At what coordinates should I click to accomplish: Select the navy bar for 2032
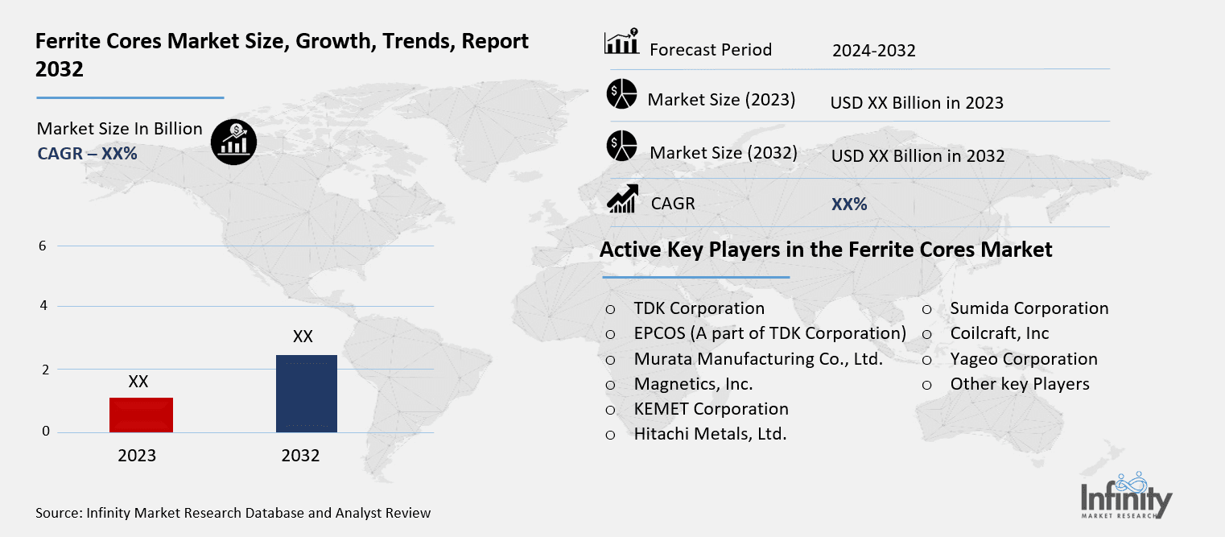tap(306, 393)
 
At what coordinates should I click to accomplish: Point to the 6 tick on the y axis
tap(43, 246)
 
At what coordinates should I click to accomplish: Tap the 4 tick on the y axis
tap(43, 306)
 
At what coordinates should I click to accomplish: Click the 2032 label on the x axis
tap(300, 456)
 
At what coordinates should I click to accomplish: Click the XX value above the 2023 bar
tap(138, 382)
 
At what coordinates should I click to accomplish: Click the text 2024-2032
tap(873, 51)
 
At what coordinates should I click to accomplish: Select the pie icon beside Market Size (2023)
tap(621, 94)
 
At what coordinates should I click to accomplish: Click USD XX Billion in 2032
tap(918, 156)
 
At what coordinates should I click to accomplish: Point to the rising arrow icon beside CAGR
tap(621, 199)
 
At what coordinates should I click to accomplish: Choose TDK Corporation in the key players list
tap(699, 308)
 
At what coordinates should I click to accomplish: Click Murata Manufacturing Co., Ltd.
tap(758, 359)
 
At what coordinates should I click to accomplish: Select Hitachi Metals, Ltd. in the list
tap(710, 434)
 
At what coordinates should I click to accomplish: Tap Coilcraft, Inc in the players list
tap(999, 333)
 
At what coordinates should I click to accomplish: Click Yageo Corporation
tap(1023, 359)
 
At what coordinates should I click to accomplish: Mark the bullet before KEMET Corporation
tap(610, 409)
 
